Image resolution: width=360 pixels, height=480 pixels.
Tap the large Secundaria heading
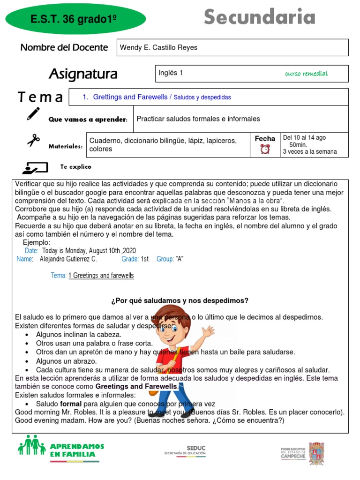pos(259,18)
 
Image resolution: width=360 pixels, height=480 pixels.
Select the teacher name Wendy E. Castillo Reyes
pos(158,47)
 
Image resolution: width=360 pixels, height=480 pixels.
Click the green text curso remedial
pos(306,74)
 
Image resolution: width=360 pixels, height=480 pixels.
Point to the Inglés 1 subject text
pos(171,73)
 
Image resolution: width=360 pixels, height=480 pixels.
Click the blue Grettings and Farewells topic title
pos(130,97)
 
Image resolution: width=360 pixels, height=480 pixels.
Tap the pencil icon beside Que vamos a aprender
pos(33,114)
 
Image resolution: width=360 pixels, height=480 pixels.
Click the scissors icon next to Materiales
pos(33,140)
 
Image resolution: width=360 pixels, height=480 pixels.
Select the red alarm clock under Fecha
pos(265,149)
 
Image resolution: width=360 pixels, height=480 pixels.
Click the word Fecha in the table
pos(265,139)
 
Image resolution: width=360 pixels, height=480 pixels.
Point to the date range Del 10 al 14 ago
pos(304,138)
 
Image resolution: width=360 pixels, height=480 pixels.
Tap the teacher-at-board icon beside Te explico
pos(35,167)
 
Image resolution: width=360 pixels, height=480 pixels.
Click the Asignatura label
pos(83,74)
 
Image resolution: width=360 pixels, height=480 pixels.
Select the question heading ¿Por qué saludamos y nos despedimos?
pos(180,300)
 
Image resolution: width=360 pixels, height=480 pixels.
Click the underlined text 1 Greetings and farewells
pos(101,276)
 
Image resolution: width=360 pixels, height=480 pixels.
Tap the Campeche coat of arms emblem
pos(316,452)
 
